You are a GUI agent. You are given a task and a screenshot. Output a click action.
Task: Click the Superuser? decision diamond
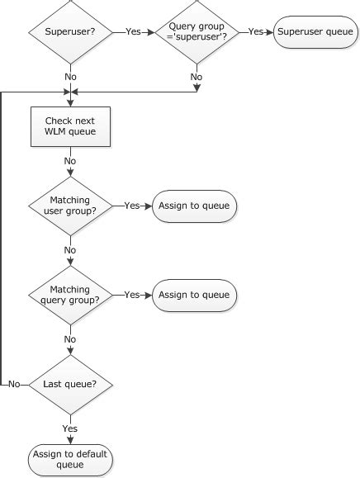(70, 32)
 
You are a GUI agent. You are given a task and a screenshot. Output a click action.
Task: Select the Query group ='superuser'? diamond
(197, 32)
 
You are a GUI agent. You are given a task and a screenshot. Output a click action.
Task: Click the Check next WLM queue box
(70, 127)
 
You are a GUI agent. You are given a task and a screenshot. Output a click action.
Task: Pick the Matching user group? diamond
(70, 206)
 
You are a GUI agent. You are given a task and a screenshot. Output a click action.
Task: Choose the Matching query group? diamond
(70, 295)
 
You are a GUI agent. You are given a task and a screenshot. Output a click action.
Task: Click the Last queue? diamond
(70, 384)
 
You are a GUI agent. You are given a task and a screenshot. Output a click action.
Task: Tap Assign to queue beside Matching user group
(194, 206)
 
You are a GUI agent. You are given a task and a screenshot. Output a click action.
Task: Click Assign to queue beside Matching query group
(194, 295)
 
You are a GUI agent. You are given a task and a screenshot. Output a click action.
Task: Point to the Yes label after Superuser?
(133, 32)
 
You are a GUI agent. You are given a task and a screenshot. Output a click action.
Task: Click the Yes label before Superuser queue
(255, 32)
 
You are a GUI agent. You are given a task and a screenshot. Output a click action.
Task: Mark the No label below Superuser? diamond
(70, 77)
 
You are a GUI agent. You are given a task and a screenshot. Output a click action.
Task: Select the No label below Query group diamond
(197, 77)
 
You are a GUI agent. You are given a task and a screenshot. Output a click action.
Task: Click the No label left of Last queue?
(14, 385)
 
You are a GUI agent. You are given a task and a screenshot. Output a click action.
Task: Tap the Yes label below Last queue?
(70, 428)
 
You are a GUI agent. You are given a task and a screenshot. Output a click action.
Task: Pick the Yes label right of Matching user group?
(131, 206)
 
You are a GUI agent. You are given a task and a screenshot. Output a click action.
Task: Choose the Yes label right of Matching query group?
(131, 295)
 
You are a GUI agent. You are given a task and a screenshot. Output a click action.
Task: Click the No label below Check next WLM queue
(70, 161)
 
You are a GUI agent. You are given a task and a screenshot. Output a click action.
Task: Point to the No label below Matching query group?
(70, 339)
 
